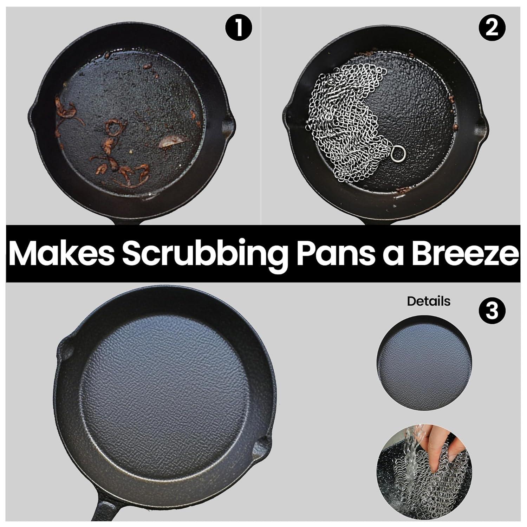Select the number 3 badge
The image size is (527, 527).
tap(492, 310)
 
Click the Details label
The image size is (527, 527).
tap(429, 301)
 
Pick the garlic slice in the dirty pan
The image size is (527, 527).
tap(171, 142)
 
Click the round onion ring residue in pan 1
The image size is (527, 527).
tap(113, 128)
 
